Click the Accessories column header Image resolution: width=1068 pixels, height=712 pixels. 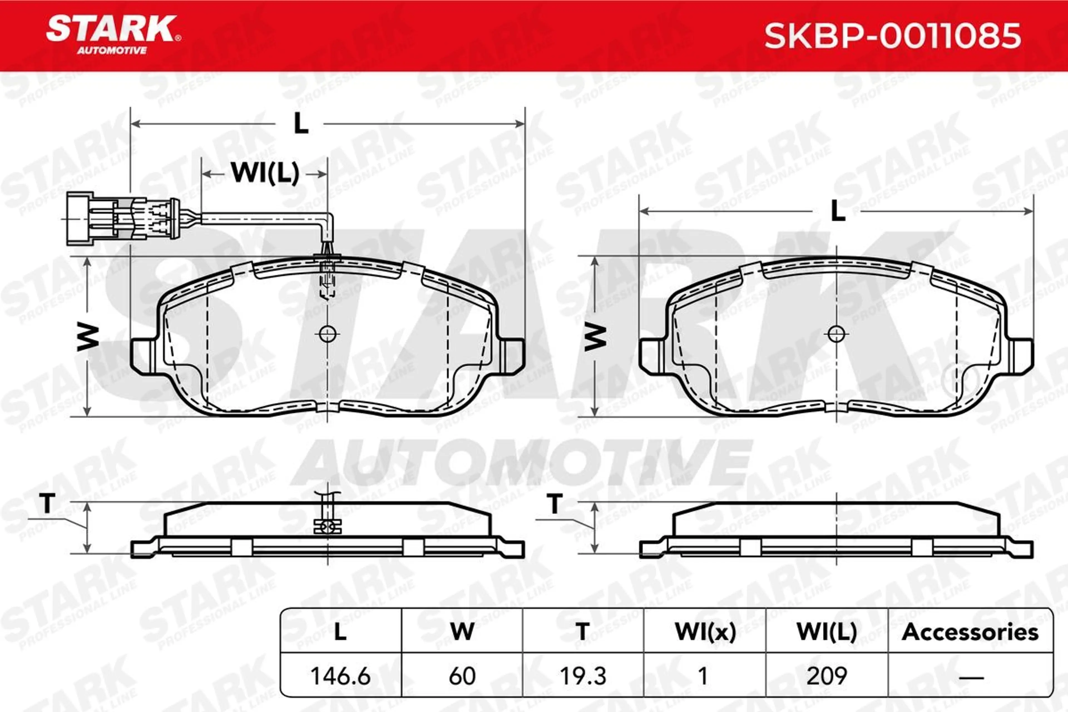pyautogui.click(x=970, y=632)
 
